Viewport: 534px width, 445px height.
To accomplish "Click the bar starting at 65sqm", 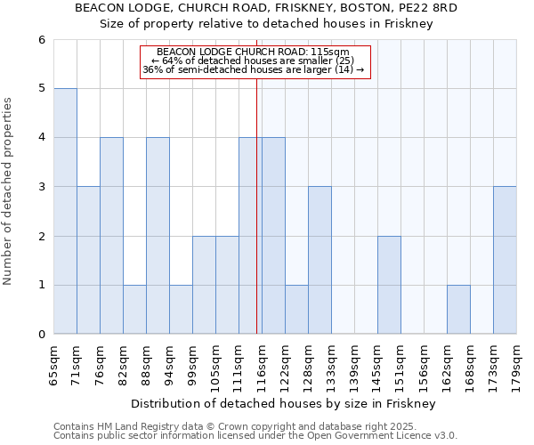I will tap(65, 211).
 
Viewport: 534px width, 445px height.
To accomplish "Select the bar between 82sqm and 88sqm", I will tap(134, 309).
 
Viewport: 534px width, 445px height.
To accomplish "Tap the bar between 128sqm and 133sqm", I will tap(320, 260).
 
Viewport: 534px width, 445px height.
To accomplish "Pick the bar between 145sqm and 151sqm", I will tap(389, 285).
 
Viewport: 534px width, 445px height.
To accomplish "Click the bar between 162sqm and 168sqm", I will tap(458, 309).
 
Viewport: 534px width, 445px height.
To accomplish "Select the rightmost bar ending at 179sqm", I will tap(505, 260).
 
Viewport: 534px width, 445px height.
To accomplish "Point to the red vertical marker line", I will tap(256, 222).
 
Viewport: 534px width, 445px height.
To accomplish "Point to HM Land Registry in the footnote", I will tap(133, 426).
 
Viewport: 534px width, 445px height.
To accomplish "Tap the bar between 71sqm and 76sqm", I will tap(88, 260).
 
